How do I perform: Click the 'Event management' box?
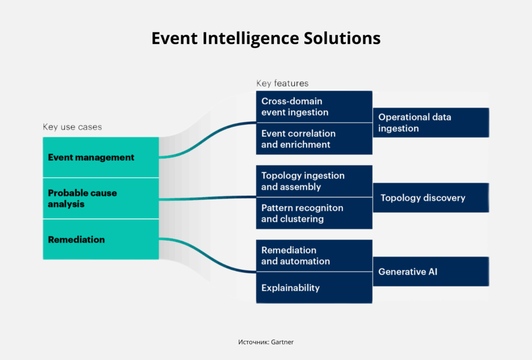pos(101,157)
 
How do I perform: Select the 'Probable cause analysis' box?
pos(101,198)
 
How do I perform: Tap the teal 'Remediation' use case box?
pos(101,239)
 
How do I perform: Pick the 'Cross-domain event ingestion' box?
pos(314,106)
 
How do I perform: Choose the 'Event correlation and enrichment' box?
pos(314,139)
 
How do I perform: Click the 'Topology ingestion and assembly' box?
pos(314,181)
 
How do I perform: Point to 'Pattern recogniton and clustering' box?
pos(314,213)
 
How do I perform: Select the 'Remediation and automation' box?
pos(314,256)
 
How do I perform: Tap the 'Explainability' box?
pos(314,288)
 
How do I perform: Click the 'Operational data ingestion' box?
pos(431,123)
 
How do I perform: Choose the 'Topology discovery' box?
pos(431,198)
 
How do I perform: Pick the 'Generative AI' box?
pos(431,272)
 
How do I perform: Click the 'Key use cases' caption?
pos(72,127)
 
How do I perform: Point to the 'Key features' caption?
pos(282,83)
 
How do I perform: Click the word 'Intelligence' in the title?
pos(251,38)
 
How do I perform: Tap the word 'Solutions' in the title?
pos(342,38)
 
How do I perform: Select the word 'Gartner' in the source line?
pos(282,342)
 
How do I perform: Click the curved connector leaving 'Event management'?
pos(207,140)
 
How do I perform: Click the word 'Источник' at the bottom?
pos(253,342)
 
